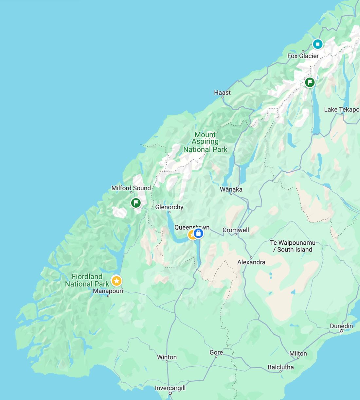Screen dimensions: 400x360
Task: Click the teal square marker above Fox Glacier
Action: pyautogui.click(x=317, y=44)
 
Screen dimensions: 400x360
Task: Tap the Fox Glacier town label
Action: pyautogui.click(x=303, y=56)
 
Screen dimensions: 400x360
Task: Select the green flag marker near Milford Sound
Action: pyautogui.click(x=136, y=203)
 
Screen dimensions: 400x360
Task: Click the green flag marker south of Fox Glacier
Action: pyautogui.click(x=310, y=82)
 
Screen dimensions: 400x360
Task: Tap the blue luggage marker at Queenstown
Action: pyautogui.click(x=198, y=233)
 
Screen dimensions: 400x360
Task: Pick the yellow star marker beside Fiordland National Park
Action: pyautogui.click(x=117, y=281)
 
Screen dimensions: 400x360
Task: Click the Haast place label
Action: pyautogui.click(x=222, y=93)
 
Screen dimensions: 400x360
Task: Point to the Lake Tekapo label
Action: pyautogui.click(x=341, y=110)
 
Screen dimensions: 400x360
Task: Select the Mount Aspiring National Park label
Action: pyautogui.click(x=205, y=142)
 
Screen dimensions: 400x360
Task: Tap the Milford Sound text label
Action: pyautogui.click(x=131, y=188)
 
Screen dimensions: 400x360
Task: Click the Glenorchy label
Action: pyautogui.click(x=169, y=207)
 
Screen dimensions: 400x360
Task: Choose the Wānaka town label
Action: pyautogui.click(x=231, y=189)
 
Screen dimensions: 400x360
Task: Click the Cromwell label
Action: pyautogui.click(x=236, y=230)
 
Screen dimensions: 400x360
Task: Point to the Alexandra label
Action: pyautogui.click(x=251, y=262)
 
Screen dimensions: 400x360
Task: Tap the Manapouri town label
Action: pyautogui.click(x=108, y=291)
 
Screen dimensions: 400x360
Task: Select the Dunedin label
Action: pyautogui.click(x=341, y=326)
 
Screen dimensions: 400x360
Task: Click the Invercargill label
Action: pyautogui.click(x=170, y=388)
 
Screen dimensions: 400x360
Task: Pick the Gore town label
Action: pyautogui.click(x=216, y=352)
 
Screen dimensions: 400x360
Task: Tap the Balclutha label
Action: pyautogui.click(x=280, y=367)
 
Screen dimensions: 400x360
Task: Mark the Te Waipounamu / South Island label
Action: pyautogui.click(x=293, y=246)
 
